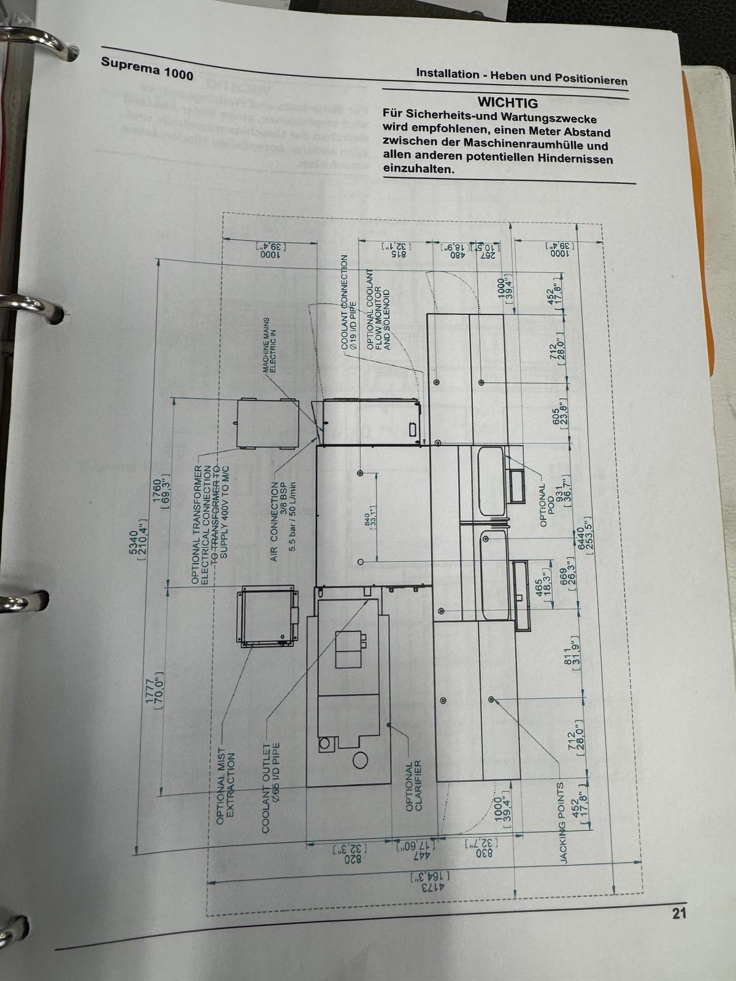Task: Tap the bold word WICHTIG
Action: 507,103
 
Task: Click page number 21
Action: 678,914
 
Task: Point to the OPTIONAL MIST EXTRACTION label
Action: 226,785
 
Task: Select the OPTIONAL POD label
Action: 546,505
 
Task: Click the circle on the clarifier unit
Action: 360,761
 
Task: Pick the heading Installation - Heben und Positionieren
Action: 521,76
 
